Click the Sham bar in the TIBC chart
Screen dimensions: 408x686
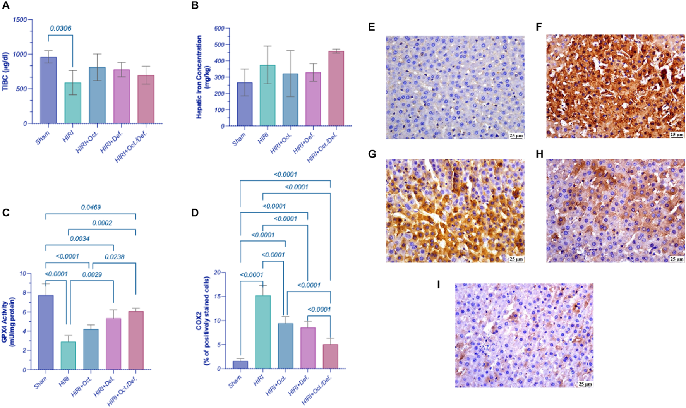coord(49,90)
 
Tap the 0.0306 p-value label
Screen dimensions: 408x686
coord(60,28)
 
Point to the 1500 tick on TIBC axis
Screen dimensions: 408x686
coord(20,20)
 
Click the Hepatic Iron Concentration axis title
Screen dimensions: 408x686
coord(202,77)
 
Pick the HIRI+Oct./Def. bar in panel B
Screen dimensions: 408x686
coord(336,89)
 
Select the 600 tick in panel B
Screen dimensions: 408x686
coord(219,28)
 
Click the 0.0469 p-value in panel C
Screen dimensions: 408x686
coord(91,207)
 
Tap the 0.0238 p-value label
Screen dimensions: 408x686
coord(115,257)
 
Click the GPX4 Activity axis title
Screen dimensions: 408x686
coord(8,322)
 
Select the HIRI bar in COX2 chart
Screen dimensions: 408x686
coord(263,332)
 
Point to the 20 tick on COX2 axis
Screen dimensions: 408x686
coord(217,273)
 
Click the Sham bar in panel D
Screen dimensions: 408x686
coord(240,365)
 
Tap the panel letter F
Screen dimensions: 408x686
coord(539,27)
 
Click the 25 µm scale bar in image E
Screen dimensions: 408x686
coord(516,136)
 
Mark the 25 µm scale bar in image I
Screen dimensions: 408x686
coord(585,384)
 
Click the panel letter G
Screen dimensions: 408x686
coord(372,154)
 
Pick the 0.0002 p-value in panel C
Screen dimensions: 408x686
coord(102,223)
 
